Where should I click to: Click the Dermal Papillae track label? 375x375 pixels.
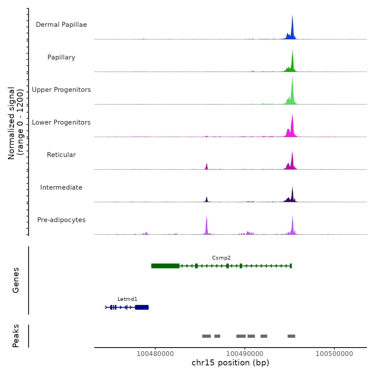click(x=61, y=25)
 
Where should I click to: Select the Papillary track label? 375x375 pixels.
click(x=61, y=57)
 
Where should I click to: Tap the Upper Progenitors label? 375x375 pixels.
click(x=61, y=90)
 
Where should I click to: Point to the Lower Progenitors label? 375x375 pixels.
click(x=61, y=122)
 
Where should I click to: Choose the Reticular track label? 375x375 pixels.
click(x=61, y=155)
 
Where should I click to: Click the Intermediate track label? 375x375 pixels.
click(x=61, y=187)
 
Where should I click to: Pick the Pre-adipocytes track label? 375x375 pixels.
click(x=61, y=220)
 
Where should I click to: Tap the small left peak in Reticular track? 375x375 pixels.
click(x=207, y=167)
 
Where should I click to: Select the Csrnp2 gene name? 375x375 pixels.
click(x=221, y=258)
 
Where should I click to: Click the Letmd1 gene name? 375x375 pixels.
click(x=127, y=299)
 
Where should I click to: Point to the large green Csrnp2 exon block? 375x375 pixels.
click(x=165, y=266)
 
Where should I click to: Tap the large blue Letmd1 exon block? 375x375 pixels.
click(x=142, y=307)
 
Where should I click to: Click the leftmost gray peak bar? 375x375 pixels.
click(x=207, y=336)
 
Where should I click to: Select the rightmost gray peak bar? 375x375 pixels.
click(x=291, y=336)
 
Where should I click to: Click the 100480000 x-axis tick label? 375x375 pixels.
click(x=155, y=354)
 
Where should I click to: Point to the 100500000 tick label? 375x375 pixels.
click(x=334, y=354)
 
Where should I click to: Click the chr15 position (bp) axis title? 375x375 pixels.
click(x=230, y=363)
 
